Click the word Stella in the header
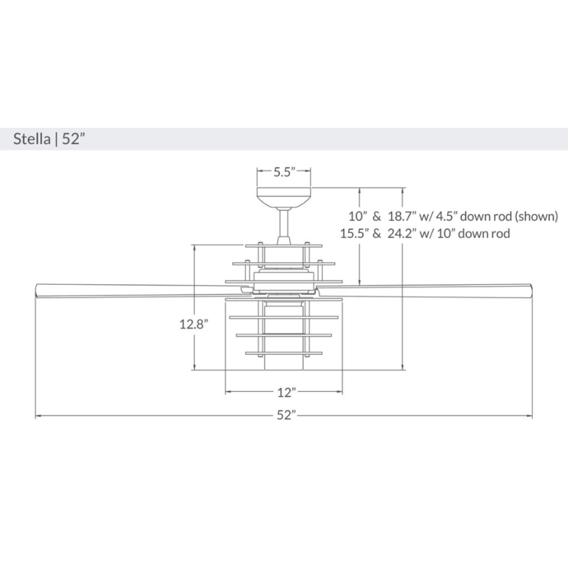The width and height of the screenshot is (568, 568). pos(33,138)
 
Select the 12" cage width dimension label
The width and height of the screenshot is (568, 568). pos(285,392)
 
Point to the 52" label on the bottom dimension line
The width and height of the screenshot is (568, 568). pos(285,417)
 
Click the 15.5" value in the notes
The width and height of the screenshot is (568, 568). pos(354,233)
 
